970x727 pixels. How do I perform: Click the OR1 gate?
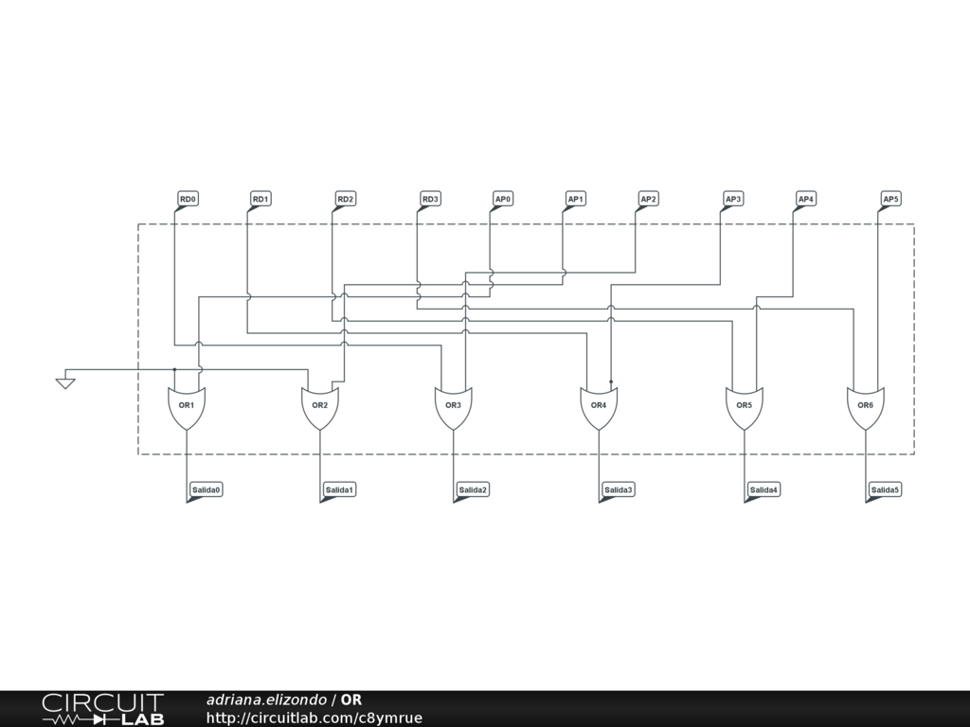187,406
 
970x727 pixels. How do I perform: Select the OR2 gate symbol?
320,406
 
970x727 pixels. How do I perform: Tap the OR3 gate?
454,406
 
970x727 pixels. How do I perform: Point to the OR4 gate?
599,406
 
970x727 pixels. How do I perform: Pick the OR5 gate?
745,406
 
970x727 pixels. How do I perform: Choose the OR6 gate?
866,406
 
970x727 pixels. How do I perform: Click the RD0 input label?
188,199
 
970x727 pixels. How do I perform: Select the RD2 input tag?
345,199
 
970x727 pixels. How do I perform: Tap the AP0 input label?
503,199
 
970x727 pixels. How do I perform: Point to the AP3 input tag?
733,199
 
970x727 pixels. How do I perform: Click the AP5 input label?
890,199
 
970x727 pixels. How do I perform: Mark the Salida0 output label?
206,489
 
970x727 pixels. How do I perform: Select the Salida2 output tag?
473,489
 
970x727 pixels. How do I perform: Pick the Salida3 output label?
619,489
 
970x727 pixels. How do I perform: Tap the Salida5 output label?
885,489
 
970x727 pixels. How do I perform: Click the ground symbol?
65,381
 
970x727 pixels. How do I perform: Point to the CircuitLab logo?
102,709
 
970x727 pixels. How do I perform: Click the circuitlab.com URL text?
314,718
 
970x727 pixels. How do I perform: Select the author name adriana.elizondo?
266,700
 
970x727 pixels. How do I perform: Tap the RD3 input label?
430,199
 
